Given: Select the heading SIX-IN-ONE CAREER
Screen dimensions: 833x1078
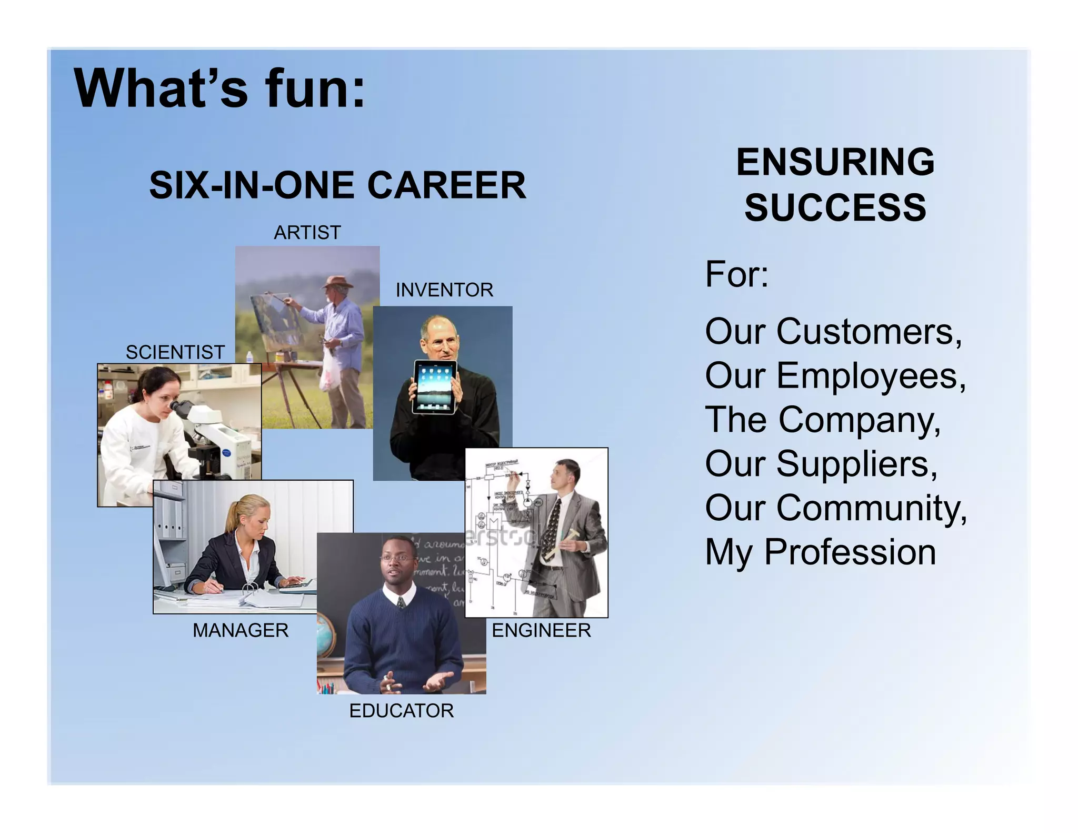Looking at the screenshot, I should click(337, 185).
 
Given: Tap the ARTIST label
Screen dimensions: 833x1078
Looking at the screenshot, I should click(307, 232).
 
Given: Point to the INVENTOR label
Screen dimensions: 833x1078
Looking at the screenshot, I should click(444, 290).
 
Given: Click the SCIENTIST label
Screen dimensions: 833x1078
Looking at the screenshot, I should click(175, 352).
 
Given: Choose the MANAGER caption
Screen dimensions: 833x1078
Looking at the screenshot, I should click(241, 630).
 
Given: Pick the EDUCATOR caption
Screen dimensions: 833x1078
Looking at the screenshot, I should click(401, 710).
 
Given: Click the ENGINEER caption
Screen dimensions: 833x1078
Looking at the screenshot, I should click(541, 630).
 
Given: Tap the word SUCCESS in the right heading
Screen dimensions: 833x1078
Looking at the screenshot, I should click(835, 207).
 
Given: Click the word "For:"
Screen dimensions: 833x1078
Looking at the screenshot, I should click(736, 274).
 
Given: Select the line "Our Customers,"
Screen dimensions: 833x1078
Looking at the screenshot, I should click(833, 332).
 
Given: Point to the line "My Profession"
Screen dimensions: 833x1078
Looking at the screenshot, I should click(820, 552).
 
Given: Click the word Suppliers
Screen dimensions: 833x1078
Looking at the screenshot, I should click(856, 464).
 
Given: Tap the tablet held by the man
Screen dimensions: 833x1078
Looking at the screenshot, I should click(434, 387).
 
